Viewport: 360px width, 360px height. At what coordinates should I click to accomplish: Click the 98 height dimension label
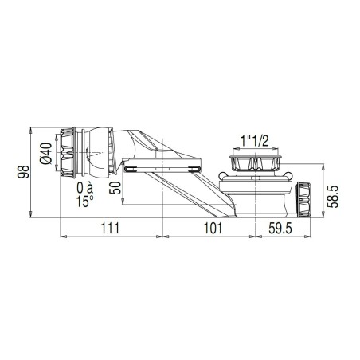23,172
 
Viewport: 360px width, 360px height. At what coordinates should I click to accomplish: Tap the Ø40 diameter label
45,154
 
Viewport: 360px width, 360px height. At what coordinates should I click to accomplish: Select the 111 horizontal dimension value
110,228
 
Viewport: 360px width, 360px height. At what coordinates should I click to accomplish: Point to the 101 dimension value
213,228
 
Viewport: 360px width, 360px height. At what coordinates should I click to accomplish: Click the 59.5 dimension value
280,229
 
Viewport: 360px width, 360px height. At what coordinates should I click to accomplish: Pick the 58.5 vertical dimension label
333,197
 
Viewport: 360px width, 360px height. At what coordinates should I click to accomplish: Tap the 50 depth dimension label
115,188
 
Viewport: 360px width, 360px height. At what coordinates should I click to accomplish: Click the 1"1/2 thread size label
254,141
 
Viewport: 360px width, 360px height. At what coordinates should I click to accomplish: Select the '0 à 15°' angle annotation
85,194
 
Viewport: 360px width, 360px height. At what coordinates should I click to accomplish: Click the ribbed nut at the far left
68,153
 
